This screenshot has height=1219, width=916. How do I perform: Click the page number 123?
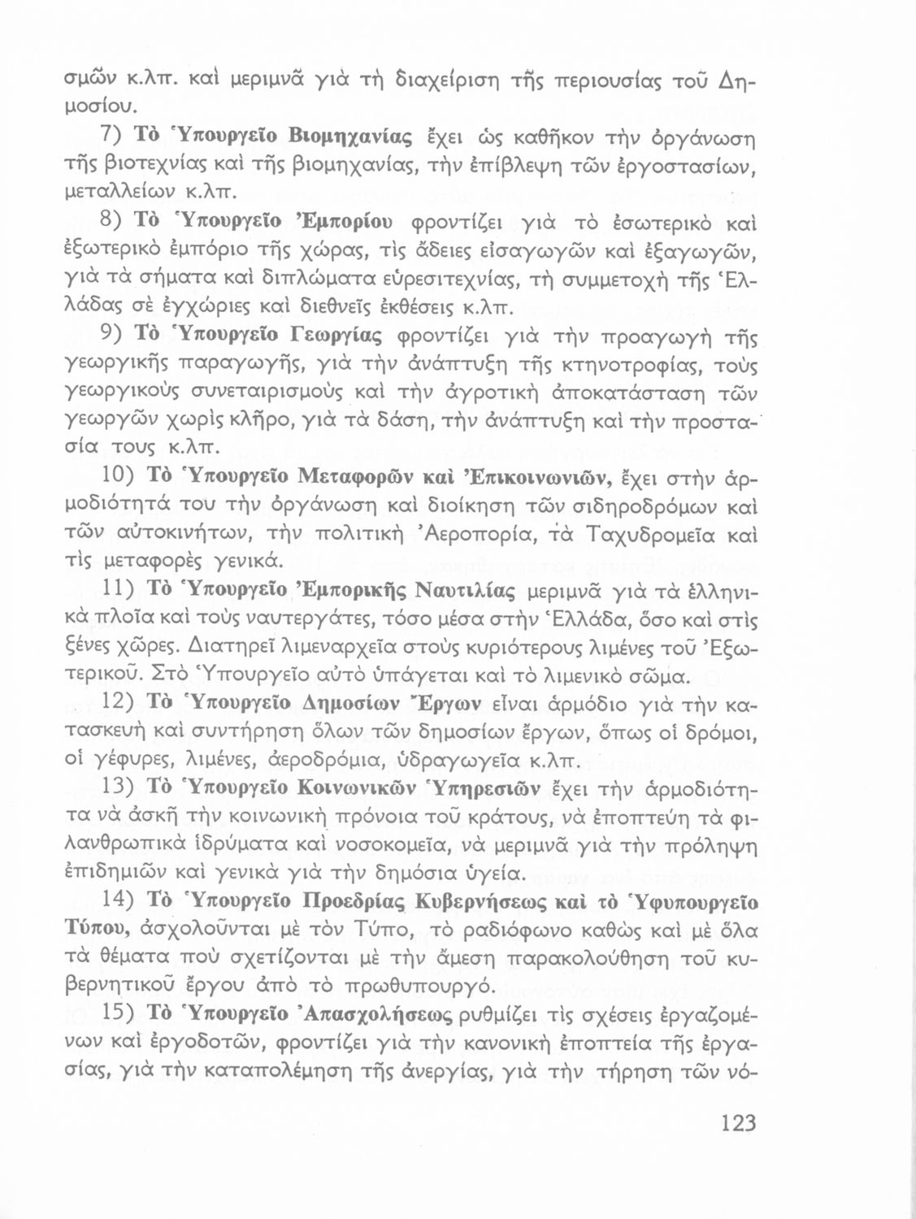click(737, 1124)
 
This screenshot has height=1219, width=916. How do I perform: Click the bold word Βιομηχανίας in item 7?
click(361, 135)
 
